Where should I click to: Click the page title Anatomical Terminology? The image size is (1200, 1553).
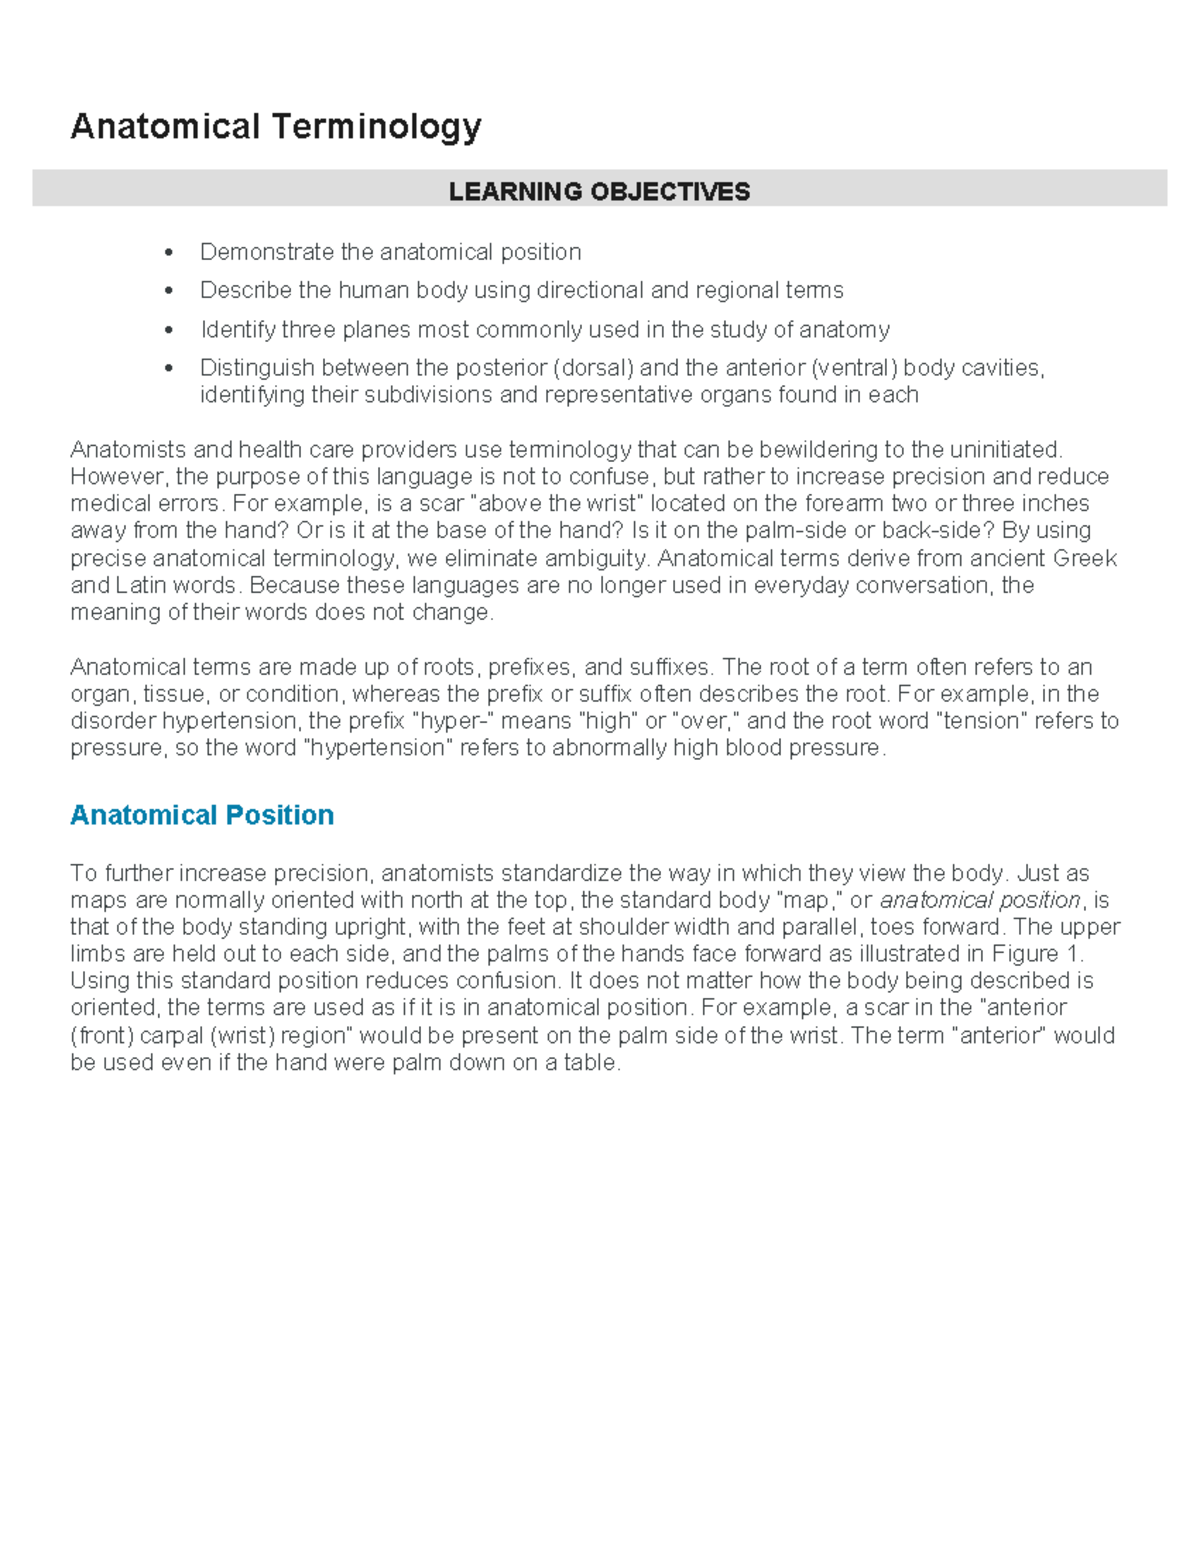(x=276, y=128)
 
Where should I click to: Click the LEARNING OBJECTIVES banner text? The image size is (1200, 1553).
(x=599, y=191)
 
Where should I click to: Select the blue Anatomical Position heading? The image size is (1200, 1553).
(x=202, y=815)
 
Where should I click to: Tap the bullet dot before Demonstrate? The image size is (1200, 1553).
(x=169, y=252)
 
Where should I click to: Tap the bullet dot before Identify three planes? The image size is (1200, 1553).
(x=169, y=330)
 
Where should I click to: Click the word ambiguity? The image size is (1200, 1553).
(x=597, y=558)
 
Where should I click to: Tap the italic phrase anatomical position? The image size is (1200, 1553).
(x=980, y=900)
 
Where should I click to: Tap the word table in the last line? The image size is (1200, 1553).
(x=592, y=1063)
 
